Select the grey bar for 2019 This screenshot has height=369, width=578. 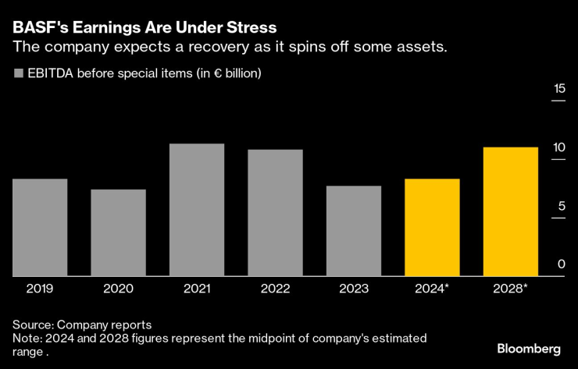click(x=39, y=228)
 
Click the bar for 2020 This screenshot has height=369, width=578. click(x=118, y=232)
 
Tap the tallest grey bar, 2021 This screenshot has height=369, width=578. click(x=197, y=210)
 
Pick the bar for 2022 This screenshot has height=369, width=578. click(x=275, y=213)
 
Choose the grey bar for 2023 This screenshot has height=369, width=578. click(x=354, y=231)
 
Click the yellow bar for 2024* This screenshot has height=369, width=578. click(x=432, y=228)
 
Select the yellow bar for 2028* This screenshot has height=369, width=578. click(x=511, y=211)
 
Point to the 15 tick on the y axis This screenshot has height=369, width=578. click(x=558, y=89)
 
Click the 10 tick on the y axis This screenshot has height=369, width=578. click(x=558, y=147)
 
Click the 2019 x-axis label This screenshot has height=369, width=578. click(x=39, y=289)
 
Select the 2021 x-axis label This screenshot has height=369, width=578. click(x=197, y=289)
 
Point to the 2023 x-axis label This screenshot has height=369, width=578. click(x=354, y=289)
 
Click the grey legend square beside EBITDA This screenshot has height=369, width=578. click(x=18, y=75)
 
